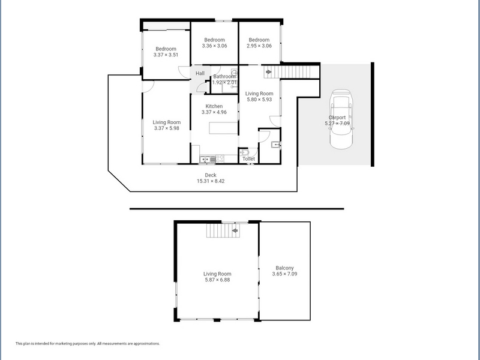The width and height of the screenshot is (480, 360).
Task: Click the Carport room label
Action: [x=337, y=118]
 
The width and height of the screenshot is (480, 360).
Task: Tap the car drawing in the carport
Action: [x=341, y=119]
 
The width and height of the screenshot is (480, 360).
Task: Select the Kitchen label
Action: [x=214, y=106]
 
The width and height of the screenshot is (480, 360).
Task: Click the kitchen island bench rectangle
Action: [x=223, y=128]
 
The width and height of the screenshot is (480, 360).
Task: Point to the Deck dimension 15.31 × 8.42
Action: [x=211, y=181]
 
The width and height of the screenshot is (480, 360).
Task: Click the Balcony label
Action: [x=284, y=268]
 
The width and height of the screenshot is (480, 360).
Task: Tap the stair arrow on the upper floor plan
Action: [x=235, y=230]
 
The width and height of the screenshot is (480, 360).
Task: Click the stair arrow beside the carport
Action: [x=268, y=72]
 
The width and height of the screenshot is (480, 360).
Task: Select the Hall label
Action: [x=200, y=73]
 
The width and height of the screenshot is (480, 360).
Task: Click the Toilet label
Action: [x=248, y=159]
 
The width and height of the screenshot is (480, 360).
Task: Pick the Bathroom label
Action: [x=224, y=77]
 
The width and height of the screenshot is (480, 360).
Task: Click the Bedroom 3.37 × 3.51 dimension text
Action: [x=166, y=55]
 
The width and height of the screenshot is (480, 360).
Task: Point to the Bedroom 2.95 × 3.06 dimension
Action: [x=259, y=46]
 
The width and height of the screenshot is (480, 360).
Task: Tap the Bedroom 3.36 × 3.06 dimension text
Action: [x=214, y=46]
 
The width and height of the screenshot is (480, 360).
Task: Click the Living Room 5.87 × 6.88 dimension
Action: [x=217, y=280]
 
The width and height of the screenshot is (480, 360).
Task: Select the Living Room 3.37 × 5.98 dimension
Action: [x=167, y=128]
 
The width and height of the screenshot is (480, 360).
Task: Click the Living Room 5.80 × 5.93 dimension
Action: [x=259, y=100]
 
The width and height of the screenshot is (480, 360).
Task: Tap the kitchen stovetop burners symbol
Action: [x=220, y=159]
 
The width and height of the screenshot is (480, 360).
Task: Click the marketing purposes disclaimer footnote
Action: [x=88, y=343]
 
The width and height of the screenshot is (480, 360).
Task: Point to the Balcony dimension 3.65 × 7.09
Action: [x=284, y=274]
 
